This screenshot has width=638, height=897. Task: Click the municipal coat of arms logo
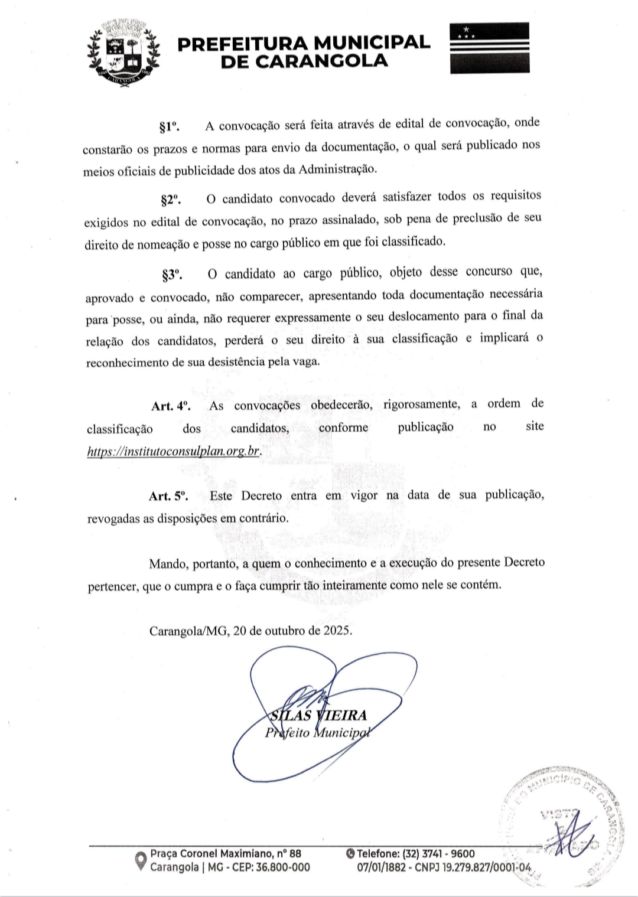click(123, 54)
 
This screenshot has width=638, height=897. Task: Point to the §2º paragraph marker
click(170, 200)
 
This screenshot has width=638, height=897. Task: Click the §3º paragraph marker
click(171, 275)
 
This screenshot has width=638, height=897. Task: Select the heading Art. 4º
click(170, 406)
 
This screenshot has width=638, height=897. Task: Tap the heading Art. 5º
click(168, 497)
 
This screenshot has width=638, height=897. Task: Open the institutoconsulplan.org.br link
click(173, 452)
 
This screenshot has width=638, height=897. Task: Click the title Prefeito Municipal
click(316, 733)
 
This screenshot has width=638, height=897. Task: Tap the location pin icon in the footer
click(141, 860)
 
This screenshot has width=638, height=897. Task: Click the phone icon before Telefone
click(351, 853)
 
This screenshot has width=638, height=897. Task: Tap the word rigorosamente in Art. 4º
click(421, 405)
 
